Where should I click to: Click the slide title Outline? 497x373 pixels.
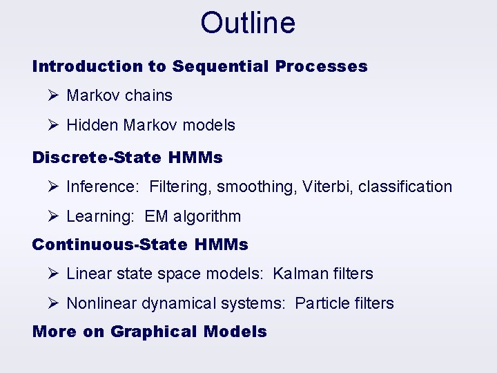[x=248, y=23]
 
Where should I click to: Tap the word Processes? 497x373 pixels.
[x=321, y=66]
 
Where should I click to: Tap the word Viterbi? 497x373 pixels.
[x=327, y=186]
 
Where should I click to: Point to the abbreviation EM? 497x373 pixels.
[x=156, y=216]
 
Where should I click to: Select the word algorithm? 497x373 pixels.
[x=207, y=216]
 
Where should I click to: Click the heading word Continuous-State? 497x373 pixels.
[x=110, y=245]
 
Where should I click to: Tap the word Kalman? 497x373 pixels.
[x=301, y=274]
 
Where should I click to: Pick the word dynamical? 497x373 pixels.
[x=179, y=303]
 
